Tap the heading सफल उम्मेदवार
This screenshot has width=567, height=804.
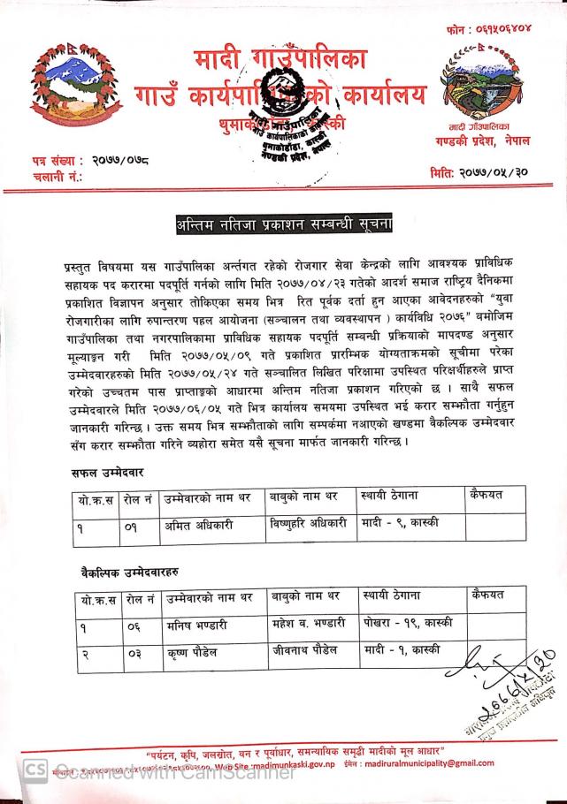click(x=109, y=474)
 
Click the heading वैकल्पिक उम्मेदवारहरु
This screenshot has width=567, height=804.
click(x=123, y=574)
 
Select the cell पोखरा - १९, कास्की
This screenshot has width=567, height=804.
click(x=408, y=625)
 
